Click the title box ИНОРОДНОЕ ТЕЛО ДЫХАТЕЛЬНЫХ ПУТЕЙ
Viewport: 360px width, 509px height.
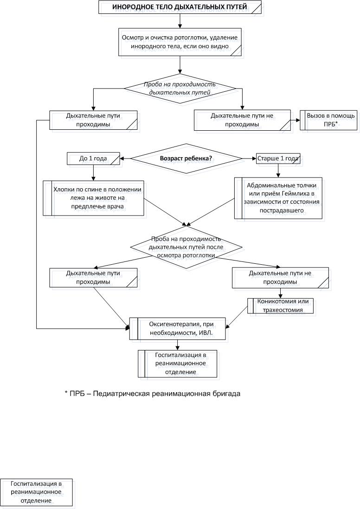(x=180, y=7)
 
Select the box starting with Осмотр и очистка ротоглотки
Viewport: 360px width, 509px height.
(x=180, y=42)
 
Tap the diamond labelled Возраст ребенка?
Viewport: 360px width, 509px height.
(x=186, y=159)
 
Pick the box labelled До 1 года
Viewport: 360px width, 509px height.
(x=93, y=159)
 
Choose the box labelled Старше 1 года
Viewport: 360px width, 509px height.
(x=278, y=159)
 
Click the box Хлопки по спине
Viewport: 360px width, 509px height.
(x=94, y=198)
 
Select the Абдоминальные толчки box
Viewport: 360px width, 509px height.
(x=278, y=198)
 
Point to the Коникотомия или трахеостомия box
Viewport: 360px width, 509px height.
(x=280, y=306)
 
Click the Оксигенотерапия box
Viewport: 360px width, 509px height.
(x=177, y=329)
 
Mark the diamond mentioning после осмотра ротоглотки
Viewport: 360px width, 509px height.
(x=186, y=248)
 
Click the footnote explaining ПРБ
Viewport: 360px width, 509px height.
(x=152, y=394)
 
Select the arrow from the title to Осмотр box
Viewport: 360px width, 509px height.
(x=180, y=21)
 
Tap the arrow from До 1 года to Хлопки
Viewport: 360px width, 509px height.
(x=93, y=173)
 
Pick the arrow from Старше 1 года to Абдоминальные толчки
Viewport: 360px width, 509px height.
(x=278, y=171)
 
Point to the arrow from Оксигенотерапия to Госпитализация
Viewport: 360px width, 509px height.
(x=177, y=345)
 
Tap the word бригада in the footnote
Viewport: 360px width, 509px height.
(x=228, y=394)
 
